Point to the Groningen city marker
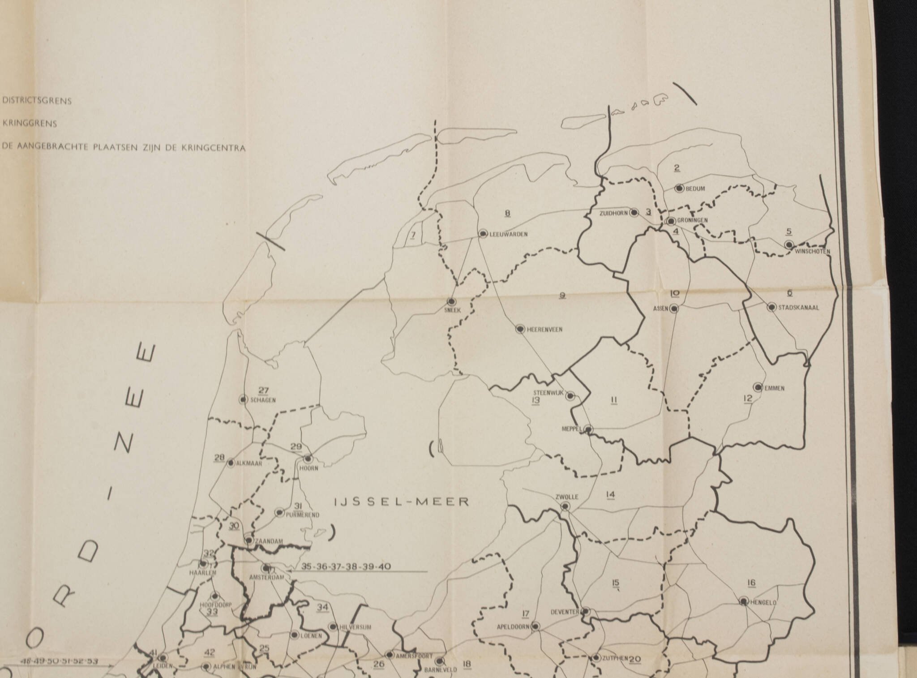pyautogui.click(x=671, y=221)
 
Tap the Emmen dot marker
pyautogui.click(x=758, y=387)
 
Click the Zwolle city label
pyautogui.click(x=567, y=497)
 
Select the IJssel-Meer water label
pyautogui.click(x=402, y=502)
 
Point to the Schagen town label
pyautogui.click(x=263, y=400)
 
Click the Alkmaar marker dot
pyautogui.click(x=231, y=463)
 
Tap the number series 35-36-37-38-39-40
pyautogui.click(x=346, y=567)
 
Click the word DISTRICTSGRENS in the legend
pyautogui.click(x=37, y=101)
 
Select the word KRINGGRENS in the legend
pyautogui.click(x=30, y=124)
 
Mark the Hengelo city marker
pyautogui.click(x=744, y=601)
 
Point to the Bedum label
pyautogui.click(x=695, y=189)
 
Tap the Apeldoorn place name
pyautogui.click(x=513, y=627)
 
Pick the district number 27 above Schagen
pyautogui.click(x=264, y=389)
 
